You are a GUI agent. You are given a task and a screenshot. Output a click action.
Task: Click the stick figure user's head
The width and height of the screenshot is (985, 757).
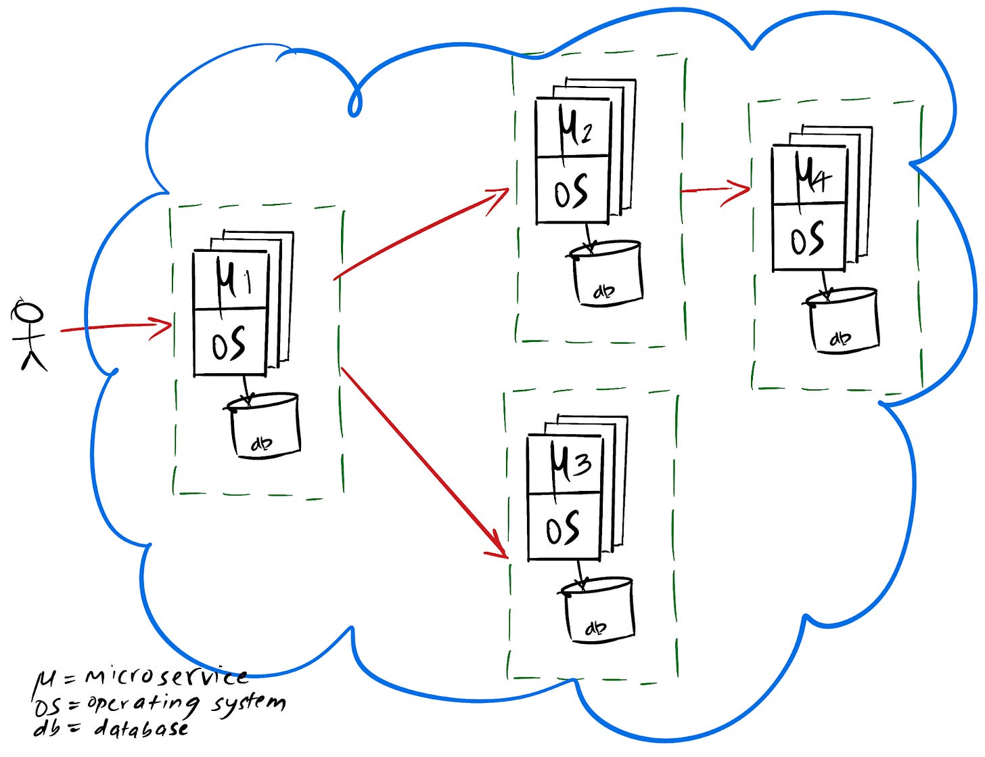point(29,313)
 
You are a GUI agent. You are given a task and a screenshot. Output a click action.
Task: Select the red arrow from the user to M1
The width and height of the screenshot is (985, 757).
point(115,327)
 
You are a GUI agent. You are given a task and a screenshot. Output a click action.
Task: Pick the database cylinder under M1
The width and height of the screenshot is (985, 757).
point(265,427)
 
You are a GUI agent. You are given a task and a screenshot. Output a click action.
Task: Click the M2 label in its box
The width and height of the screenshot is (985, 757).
point(574,128)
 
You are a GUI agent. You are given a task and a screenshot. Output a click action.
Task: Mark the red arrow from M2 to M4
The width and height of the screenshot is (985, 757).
point(715,190)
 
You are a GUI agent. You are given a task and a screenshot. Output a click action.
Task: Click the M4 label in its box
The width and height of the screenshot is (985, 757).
point(810,175)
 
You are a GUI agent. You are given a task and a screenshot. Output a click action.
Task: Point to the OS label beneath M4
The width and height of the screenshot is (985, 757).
point(807,239)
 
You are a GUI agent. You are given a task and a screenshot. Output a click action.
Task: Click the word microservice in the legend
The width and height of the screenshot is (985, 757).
point(166,676)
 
